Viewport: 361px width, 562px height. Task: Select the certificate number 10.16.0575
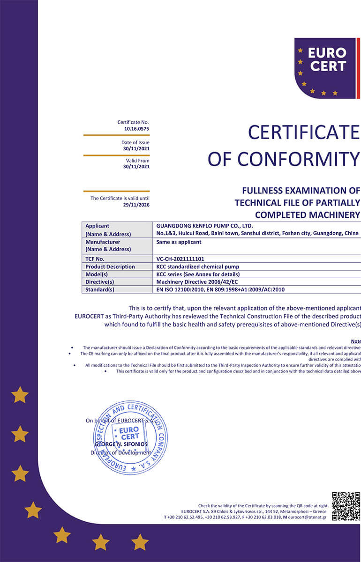[x=137, y=128]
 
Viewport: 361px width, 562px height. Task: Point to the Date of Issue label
[x=135, y=142]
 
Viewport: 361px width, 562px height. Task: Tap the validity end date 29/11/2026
[x=136, y=205]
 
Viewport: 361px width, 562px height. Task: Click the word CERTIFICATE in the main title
[x=304, y=133]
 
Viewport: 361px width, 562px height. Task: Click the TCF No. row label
[x=95, y=259]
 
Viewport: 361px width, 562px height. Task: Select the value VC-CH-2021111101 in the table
[x=180, y=259]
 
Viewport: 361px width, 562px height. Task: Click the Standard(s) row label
[x=100, y=290]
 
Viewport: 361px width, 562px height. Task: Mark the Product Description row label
[x=110, y=266]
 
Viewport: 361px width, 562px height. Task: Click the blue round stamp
[x=130, y=437]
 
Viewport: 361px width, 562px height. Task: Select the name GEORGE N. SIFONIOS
[x=121, y=444]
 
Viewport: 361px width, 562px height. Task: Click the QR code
[x=346, y=506]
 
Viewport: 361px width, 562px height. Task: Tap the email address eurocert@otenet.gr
[x=308, y=517]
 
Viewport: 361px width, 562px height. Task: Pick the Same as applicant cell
[x=179, y=242]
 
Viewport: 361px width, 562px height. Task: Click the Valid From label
[x=137, y=161]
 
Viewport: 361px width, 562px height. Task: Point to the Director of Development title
[x=121, y=453]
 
